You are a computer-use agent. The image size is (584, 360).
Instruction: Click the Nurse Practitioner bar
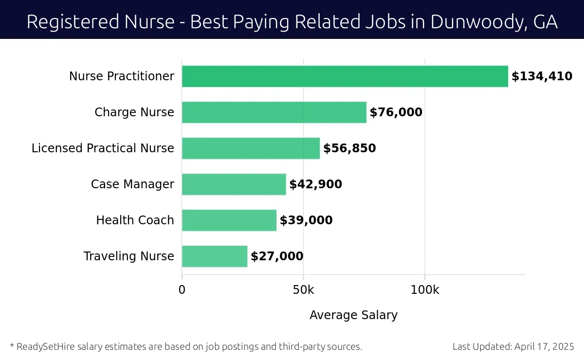[x=345, y=76]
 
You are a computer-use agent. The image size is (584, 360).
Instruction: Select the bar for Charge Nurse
[x=274, y=112]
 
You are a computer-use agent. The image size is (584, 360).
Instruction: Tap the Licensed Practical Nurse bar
[x=251, y=148]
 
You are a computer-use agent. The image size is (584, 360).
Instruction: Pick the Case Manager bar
[x=234, y=184]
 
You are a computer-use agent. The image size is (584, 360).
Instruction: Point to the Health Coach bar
[x=229, y=220]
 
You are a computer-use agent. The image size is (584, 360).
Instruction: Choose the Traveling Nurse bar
[x=215, y=256]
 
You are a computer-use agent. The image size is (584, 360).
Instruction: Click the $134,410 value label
[x=542, y=76]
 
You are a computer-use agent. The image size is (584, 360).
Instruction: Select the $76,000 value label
[x=396, y=112]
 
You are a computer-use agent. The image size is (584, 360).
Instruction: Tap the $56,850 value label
[x=349, y=148]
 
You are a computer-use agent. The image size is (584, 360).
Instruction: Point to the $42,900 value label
[x=315, y=184]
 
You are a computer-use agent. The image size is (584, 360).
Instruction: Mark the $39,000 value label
[x=306, y=220]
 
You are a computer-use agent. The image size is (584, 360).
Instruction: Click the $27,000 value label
[x=277, y=256]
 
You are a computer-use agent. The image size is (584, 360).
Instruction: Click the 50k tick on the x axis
[x=303, y=290]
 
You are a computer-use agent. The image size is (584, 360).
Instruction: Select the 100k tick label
[x=424, y=290]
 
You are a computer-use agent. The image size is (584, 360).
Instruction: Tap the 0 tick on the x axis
[x=182, y=290]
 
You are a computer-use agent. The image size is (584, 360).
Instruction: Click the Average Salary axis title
[x=353, y=315]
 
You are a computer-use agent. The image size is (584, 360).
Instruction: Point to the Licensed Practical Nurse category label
[x=103, y=148]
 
